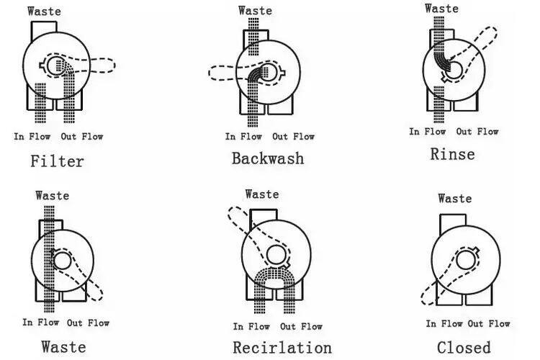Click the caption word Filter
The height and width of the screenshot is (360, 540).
[x=57, y=161]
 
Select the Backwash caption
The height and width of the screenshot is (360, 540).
[x=268, y=158]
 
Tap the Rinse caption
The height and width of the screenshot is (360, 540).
[x=452, y=153]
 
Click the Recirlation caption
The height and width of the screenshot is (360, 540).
[x=282, y=347]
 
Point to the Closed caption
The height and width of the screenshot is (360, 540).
[x=463, y=347]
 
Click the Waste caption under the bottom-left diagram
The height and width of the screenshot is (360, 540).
[x=63, y=346]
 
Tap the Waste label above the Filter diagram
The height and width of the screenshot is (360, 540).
[x=44, y=11]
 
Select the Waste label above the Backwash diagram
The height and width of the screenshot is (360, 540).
[x=255, y=10]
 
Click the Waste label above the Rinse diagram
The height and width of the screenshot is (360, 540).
[x=441, y=8]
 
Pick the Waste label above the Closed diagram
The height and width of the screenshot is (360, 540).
[x=454, y=198]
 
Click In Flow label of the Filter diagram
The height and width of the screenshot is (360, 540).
[x=30, y=136]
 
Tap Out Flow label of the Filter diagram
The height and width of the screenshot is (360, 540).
[x=81, y=136]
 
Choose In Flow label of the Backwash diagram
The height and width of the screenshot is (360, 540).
[x=243, y=136]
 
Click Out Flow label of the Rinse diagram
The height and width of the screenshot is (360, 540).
[x=477, y=131]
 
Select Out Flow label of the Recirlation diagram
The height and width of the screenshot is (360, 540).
[x=301, y=326]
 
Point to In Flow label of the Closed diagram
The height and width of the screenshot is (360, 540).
[x=444, y=323]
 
